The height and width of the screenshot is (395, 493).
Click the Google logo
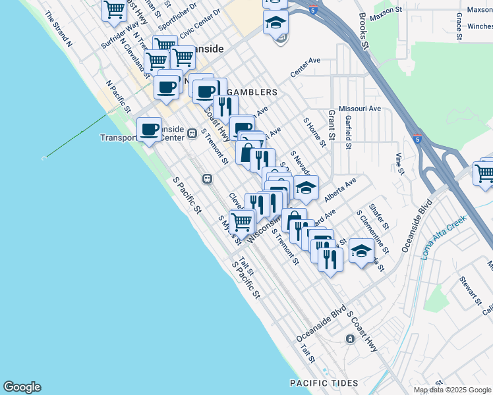(x=22, y=387)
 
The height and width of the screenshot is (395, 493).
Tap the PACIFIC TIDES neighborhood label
(x=324, y=382)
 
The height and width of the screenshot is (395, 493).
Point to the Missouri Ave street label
(x=359, y=108)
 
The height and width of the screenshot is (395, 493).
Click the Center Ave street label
(x=304, y=66)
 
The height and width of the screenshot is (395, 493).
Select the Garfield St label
(x=348, y=132)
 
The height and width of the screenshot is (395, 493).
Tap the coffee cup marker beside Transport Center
(x=149, y=130)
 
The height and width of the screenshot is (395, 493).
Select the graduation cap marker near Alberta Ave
(x=305, y=188)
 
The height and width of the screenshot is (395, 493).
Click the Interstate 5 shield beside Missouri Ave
(x=418, y=140)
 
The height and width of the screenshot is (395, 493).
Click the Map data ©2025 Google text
(x=453, y=390)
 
